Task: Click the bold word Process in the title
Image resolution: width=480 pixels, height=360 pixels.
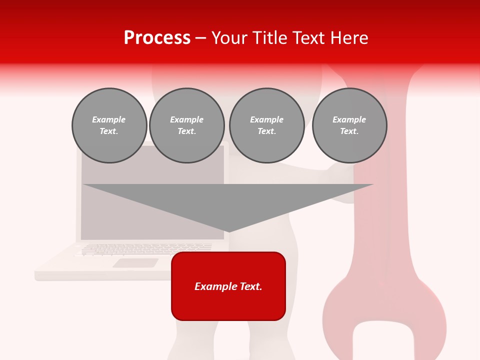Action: (x=157, y=38)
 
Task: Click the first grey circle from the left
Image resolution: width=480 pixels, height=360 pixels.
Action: (x=109, y=125)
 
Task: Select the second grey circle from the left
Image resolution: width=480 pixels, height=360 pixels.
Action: (x=187, y=125)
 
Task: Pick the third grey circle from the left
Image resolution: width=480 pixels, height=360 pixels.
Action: (x=266, y=125)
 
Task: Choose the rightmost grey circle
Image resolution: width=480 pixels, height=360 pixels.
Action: (x=349, y=125)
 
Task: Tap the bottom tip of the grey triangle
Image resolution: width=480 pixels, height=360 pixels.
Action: (x=228, y=231)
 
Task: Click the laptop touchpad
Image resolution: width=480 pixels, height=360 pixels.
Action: (x=135, y=263)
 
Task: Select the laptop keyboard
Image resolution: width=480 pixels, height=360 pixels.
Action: (x=145, y=248)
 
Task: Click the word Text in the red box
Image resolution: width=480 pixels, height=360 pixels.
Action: (x=251, y=286)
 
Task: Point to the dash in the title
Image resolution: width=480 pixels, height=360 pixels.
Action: (x=200, y=38)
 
